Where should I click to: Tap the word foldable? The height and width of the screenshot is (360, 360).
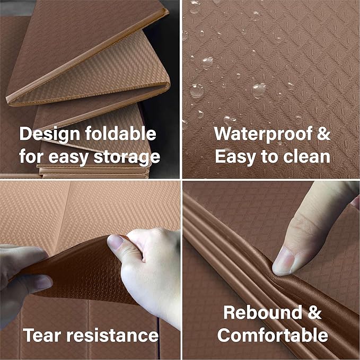[121, 133]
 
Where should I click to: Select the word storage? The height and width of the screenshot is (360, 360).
[127, 157]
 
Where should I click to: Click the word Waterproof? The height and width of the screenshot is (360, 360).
[263, 134]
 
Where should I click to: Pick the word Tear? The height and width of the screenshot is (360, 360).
[42, 335]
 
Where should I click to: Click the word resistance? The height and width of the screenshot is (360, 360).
[112, 335]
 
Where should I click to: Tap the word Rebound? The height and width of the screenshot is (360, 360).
[262, 312]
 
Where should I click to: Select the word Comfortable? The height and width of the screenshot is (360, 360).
[273, 335]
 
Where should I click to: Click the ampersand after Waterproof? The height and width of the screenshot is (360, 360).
[323, 134]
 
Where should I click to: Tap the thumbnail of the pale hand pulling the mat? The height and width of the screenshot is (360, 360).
[115, 242]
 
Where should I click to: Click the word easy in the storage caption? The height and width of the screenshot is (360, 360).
[68, 157]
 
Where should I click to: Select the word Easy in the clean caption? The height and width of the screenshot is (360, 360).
[235, 156]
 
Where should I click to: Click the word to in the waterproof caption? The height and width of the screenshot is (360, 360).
[269, 156]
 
